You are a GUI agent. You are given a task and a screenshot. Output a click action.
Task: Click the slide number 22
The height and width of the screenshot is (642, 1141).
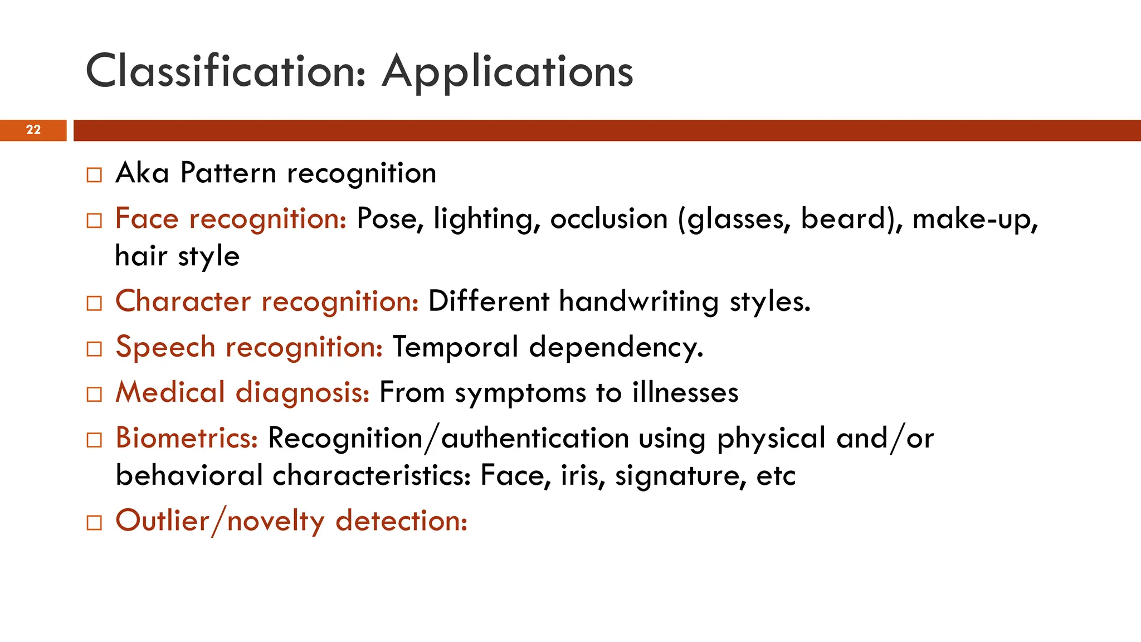point(33,130)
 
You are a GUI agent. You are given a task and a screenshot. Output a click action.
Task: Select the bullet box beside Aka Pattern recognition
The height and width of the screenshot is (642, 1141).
point(95,175)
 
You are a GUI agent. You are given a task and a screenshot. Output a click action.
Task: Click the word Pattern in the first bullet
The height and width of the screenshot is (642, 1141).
point(228,173)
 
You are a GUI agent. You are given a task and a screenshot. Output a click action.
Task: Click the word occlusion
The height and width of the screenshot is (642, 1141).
point(609,218)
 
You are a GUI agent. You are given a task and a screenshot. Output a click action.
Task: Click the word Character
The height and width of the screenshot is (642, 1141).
point(183,301)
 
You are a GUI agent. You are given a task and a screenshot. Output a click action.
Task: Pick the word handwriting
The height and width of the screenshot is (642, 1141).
point(639,302)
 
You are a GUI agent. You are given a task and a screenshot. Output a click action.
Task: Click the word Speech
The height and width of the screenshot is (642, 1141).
point(165,348)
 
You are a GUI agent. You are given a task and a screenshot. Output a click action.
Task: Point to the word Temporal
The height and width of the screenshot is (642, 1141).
point(456,348)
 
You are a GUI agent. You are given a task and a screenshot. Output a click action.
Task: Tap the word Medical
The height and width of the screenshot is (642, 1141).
point(170,392)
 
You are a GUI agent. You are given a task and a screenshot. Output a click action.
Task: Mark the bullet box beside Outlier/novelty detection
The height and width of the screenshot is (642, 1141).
point(95,523)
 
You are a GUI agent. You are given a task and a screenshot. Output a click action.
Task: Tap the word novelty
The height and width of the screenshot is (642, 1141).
point(276,522)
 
